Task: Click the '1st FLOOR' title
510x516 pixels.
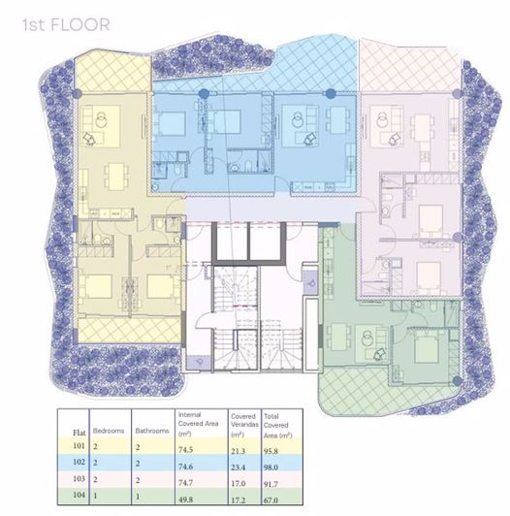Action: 66,21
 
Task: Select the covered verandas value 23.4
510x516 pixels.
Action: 239,464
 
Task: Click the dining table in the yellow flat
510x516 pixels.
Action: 114,176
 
